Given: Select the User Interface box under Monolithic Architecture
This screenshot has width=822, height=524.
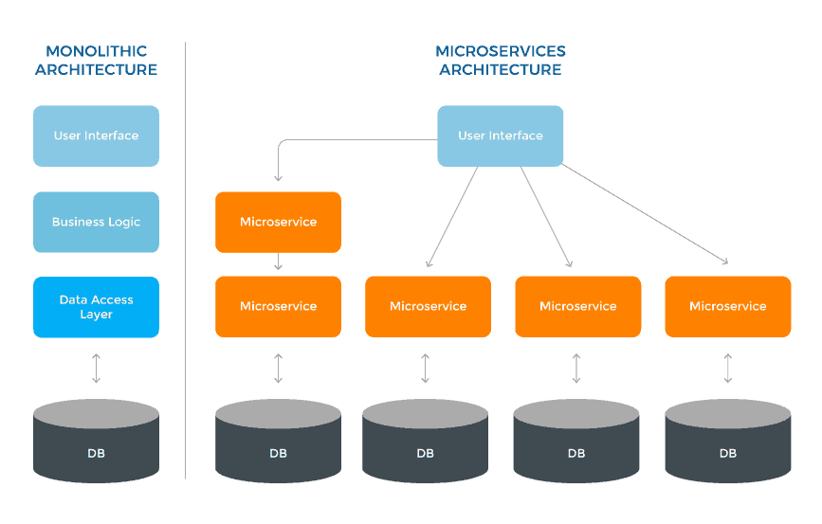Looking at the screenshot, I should (x=96, y=136).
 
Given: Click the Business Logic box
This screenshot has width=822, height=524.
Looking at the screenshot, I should (x=96, y=222).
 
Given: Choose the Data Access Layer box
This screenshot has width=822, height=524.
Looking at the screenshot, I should (x=96, y=307).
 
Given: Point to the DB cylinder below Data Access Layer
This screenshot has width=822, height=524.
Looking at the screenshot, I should (x=96, y=440).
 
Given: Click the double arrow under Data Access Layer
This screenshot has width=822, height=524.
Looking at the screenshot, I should (x=96, y=368).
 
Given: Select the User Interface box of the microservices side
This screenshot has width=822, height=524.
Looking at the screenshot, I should (x=501, y=136).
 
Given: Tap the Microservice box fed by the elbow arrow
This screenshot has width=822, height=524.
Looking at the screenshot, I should (x=278, y=222).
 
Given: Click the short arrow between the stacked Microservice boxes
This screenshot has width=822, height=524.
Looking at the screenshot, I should (x=278, y=262).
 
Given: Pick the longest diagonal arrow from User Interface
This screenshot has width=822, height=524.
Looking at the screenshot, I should (x=645, y=214).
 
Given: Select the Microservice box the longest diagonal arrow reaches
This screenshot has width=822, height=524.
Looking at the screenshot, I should (x=727, y=306).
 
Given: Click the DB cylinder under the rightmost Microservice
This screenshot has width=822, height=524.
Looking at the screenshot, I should (x=727, y=440).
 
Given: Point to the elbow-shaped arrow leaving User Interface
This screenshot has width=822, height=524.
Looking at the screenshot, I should (x=313, y=141).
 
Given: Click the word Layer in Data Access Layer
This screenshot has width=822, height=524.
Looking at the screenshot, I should (x=96, y=315).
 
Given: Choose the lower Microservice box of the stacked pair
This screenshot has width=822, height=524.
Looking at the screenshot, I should (x=278, y=306).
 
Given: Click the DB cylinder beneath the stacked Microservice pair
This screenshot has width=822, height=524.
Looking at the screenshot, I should (x=278, y=440).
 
